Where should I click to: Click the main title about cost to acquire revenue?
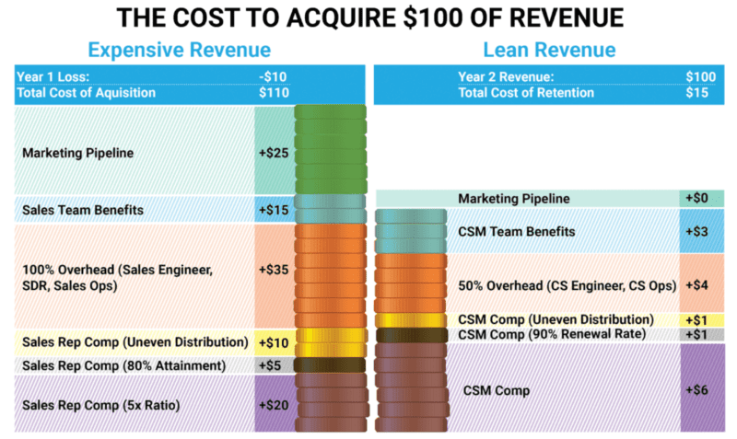pos(368,17)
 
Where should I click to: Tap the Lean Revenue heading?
pos(549,50)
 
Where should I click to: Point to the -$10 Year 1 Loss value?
pos(274,77)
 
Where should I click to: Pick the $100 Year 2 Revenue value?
pos(701,77)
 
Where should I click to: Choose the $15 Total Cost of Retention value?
pos(703,92)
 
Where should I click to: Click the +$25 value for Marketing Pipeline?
pos(275,153)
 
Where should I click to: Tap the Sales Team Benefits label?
pos(83,210)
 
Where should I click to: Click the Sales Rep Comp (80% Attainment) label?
pos(124,365)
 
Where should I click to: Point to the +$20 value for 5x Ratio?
pos(275,404)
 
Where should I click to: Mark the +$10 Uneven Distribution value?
pos(275,342)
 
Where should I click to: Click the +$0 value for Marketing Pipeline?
pos(701,198)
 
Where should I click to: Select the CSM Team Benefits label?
pos(516,232)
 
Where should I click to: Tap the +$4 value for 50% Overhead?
pos(701,285)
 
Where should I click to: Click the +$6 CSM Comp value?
pos(701,389)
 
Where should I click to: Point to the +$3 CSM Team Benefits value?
pos(701,232)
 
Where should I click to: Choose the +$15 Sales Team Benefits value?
pos(275,210)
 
